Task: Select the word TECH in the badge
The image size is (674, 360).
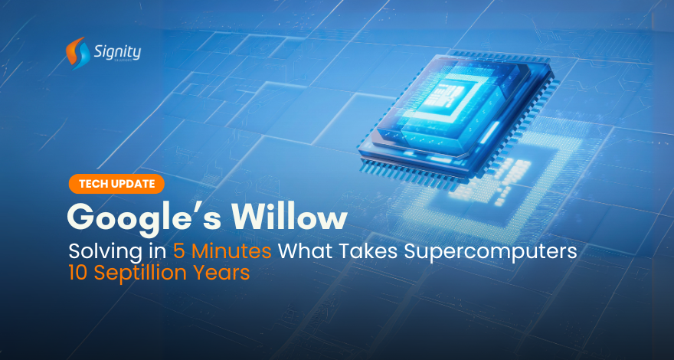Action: [x=94, y=183]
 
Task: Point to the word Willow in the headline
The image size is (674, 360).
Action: [x=289, y=217]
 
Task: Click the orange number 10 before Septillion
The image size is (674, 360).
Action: [x=80, y=273]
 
